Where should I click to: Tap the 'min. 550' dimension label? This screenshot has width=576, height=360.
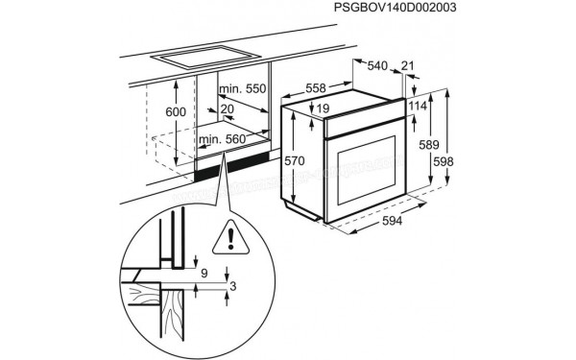pyautogui.click(x=241, y=89)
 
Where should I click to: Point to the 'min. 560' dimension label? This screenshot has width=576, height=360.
pyautogui.click(x=224, y=140)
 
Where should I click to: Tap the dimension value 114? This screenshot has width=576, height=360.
pyautogui.click(x=416, y=106)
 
